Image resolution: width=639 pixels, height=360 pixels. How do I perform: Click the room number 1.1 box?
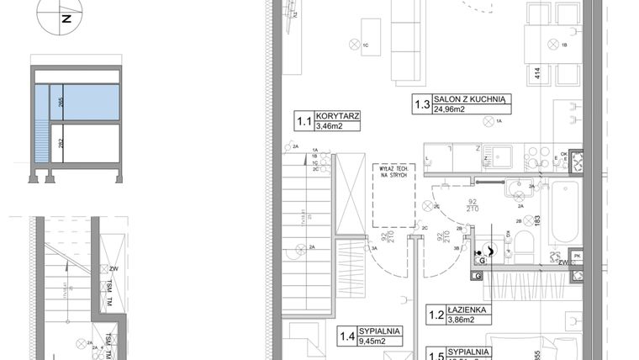[303, 121]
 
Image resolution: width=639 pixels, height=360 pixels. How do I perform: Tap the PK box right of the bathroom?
[577, 255]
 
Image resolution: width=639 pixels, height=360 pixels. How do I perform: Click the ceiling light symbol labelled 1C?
[354, 45]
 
